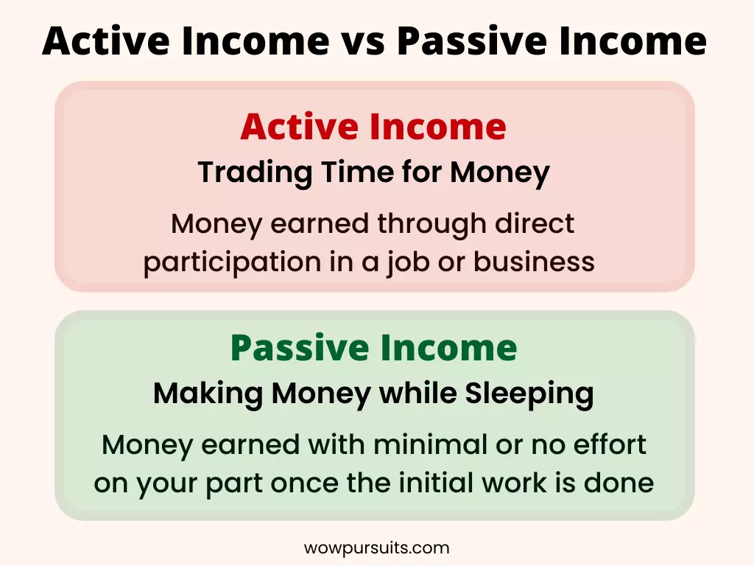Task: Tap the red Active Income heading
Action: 373,127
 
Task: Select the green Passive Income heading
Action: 373,347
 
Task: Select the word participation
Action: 232,263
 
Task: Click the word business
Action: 534,262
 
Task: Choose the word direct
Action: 535,224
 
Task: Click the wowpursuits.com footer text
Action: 376,548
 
